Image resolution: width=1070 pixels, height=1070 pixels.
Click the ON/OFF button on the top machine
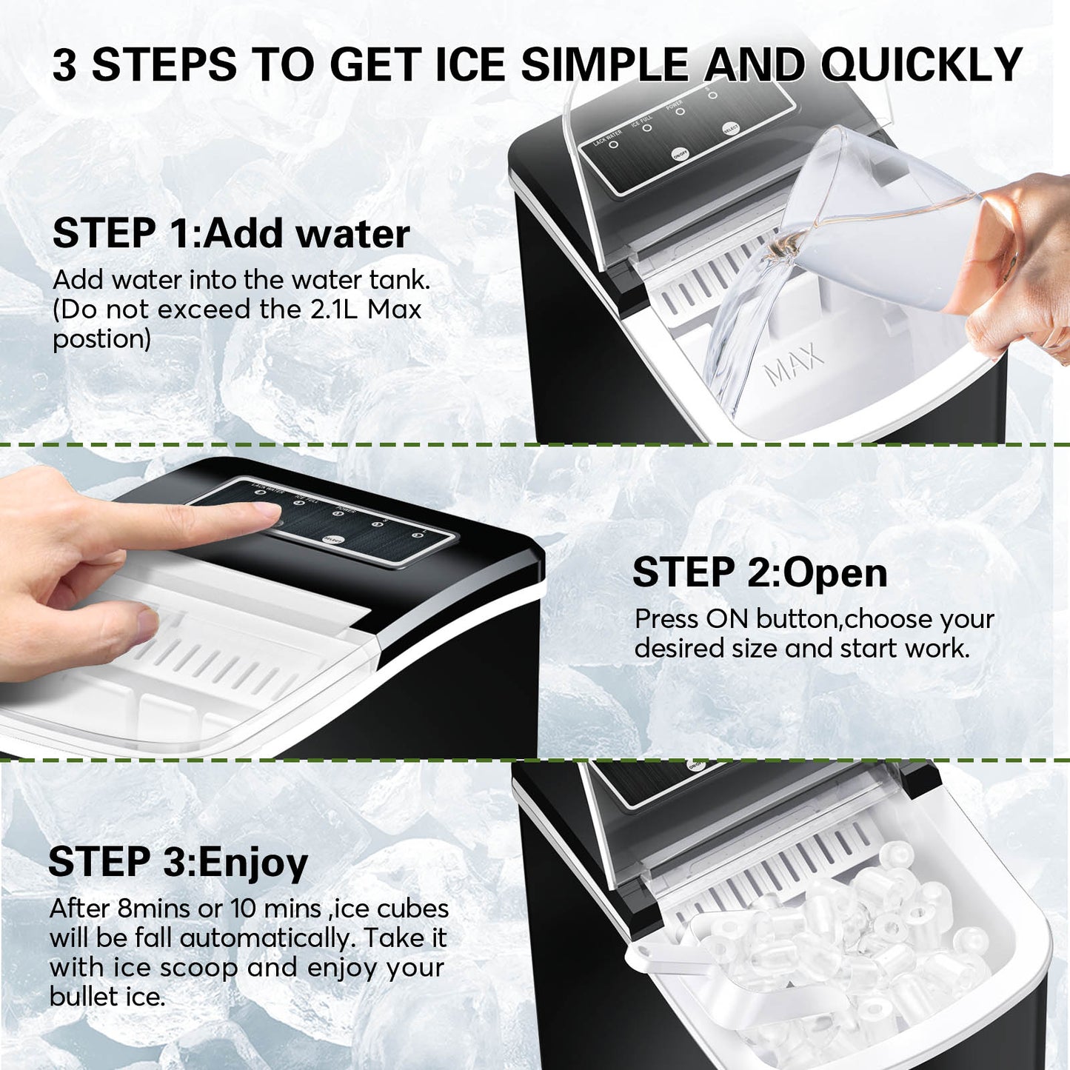(x=680, y=154)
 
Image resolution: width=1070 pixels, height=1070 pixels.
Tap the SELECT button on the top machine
(x=731, y=128)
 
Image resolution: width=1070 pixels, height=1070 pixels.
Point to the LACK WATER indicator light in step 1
(x=613, y=145)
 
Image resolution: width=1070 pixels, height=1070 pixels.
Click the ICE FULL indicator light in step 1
(x=646, y=128)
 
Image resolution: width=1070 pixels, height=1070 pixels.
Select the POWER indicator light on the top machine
(x=680, y=112)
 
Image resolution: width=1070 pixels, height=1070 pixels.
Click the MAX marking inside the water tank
(x=794, y=363)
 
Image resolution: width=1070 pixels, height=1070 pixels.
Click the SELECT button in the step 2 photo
(x=332, y=540)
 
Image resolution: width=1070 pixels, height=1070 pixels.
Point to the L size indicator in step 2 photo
(x=418, y=535)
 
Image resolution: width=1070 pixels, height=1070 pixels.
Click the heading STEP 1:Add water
(x=230, y=233)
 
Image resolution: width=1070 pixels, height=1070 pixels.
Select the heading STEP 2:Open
(x=759, y=572)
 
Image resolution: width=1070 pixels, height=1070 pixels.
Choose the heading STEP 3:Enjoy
(x=178, y=862)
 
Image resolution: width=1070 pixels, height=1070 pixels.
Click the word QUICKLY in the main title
(x=921, y=64)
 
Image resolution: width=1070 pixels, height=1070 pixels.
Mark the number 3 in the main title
(x=65, y=65)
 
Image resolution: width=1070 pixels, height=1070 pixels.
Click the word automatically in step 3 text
(x=267, y=938)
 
